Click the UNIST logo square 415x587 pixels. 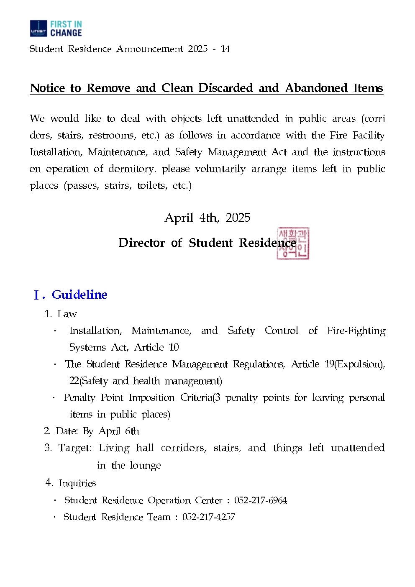click(x=38, y=28)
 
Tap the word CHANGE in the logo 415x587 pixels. click(x=66, y=33)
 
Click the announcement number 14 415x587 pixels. click(x=225, y=49)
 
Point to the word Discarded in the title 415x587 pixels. click(x=225, y=88)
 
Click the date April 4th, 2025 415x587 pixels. click(x=207, y=218)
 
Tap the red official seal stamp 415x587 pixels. click(x=293, y=244)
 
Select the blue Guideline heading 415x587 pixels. click(x=79, y=295)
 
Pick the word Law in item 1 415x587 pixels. click(x=67, y=314)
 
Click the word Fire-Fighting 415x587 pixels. click(x=356, y=331)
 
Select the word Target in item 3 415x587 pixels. click(x=74, y=448)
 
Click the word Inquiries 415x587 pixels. click(x=77, y=483)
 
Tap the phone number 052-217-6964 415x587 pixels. click(x=260, y=500)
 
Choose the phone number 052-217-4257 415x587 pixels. click(x=208, y=517)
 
